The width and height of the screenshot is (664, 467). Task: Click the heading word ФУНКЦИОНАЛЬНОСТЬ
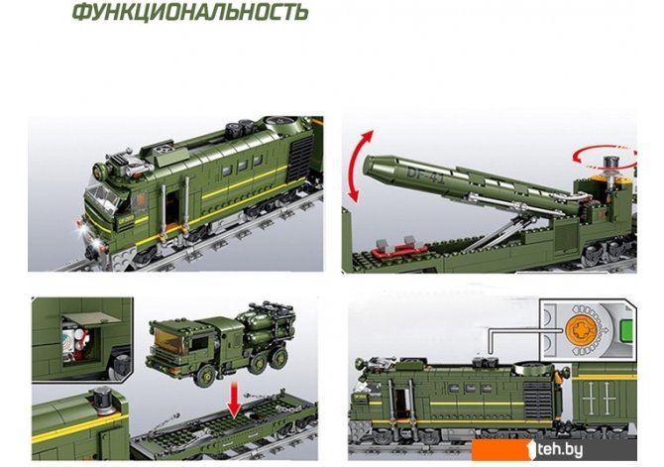[190, 12]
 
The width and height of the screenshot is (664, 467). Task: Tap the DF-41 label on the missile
[425, 175]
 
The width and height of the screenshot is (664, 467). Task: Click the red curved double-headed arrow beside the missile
[359, 166]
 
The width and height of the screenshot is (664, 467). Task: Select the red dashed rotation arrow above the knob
[604, 157]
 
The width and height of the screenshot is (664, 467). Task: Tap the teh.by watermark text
[559, 449]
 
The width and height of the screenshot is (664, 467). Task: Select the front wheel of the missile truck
[206, 376]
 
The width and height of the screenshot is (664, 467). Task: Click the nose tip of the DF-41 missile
[366, 164]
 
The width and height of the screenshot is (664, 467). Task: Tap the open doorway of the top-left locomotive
[172, 208]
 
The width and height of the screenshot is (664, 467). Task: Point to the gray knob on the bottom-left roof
[102, 401]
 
